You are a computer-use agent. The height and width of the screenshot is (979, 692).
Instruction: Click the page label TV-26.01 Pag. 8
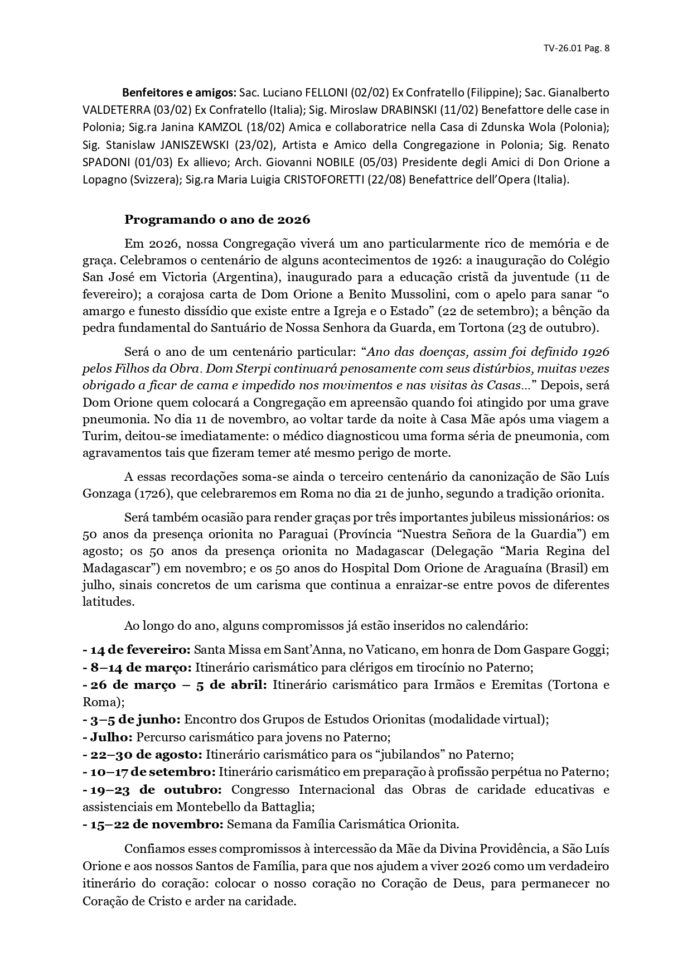click(x=576, y=48)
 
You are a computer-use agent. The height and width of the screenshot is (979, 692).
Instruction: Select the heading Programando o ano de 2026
click(x=217, y=219)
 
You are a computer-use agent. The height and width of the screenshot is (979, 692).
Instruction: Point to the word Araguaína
click(x=514, y=568)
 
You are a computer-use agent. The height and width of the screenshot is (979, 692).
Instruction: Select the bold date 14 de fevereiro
click(x=141, y=650)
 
